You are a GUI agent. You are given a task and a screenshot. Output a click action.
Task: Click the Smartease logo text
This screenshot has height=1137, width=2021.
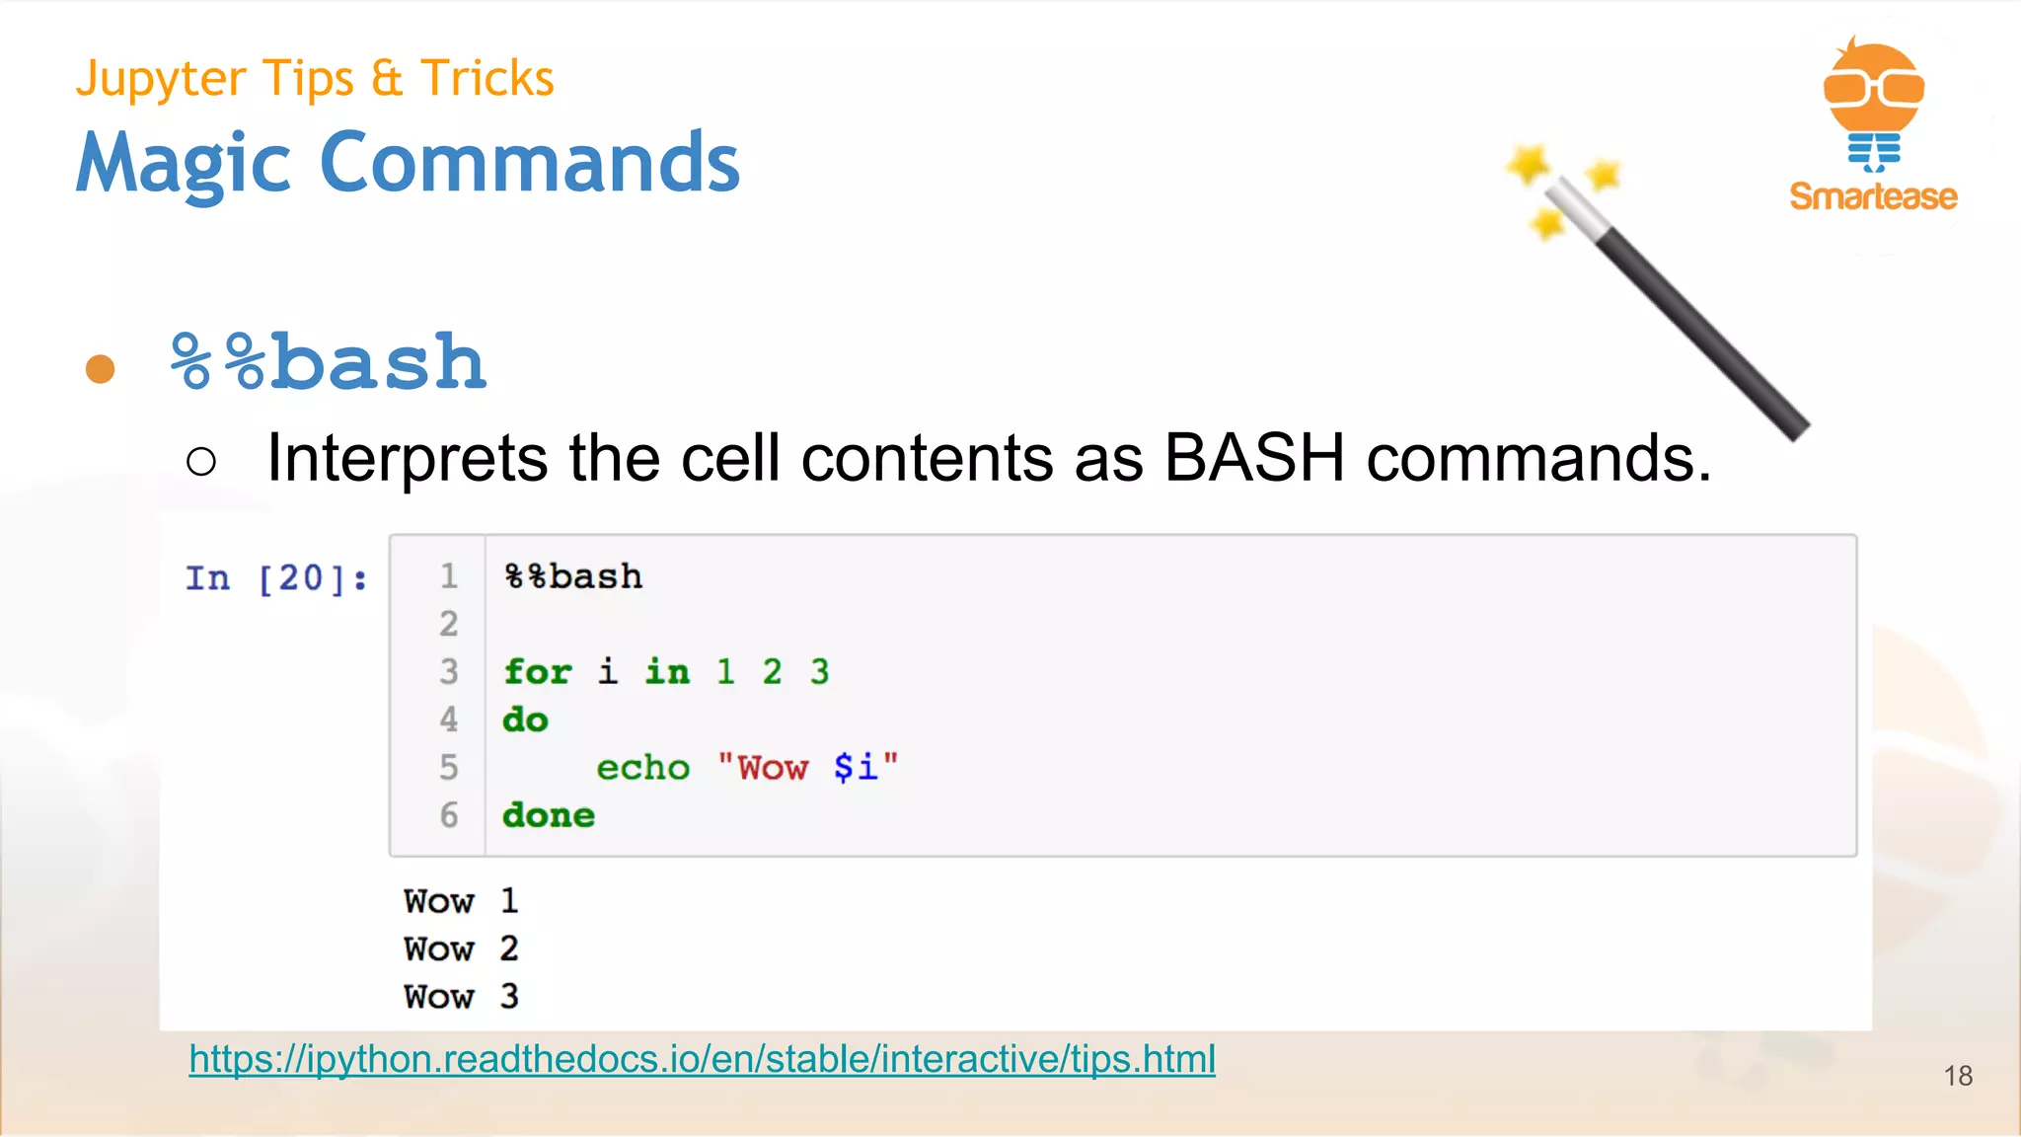(1873, 196)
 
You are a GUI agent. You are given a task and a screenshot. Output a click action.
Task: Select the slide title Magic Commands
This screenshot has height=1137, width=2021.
(408, 163)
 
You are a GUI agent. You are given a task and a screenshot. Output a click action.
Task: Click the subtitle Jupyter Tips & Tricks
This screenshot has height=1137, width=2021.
(315, 78)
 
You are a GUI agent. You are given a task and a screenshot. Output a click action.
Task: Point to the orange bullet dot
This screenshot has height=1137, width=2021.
(100, 369)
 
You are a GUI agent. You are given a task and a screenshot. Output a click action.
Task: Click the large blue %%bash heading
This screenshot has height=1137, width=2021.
(329, 362)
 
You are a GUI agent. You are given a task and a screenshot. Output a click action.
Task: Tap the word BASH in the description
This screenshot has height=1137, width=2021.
(1253, 458)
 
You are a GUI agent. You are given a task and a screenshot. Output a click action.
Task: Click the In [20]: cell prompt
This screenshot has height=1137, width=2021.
(276, 578)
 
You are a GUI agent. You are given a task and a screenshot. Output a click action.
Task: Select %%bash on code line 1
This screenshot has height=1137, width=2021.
(573, 576)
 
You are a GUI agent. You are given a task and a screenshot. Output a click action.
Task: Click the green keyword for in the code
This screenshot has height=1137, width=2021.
(538, 672)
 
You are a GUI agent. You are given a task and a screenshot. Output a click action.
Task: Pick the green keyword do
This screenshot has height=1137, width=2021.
(525, 720)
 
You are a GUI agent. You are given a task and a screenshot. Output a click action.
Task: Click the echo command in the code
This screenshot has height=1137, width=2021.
(642, 768)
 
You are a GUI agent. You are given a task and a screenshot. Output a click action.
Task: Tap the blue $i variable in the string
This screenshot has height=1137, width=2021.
(855, 767)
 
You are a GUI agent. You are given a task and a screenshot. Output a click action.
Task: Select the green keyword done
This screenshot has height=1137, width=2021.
(549, 815)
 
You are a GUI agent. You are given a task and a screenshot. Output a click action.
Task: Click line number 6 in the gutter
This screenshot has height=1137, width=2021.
(449, 815)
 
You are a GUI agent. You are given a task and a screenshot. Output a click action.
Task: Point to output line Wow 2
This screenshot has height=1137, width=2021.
(461, 949)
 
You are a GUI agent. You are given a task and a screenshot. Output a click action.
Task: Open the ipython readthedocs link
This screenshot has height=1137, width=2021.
(702, 1059)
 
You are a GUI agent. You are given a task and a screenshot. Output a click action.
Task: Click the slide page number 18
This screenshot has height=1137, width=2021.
(1958, 1076)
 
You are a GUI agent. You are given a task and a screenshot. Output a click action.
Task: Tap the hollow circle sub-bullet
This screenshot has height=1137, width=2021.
(201, 461)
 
